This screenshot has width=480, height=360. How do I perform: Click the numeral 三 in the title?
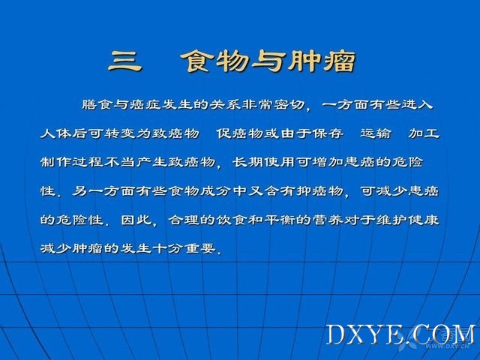[x=125, y=61]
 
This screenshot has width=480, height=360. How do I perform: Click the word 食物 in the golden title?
[x=214, y=61]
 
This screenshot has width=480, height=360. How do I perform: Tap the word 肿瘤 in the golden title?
[x=322, y=61]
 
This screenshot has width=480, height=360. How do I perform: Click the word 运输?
[x=376, y=133]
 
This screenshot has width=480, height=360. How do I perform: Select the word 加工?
[x=424, y=133]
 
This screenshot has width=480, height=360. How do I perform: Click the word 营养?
[x=328, y=220]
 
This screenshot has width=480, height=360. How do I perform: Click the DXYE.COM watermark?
[x=401, y=334]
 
